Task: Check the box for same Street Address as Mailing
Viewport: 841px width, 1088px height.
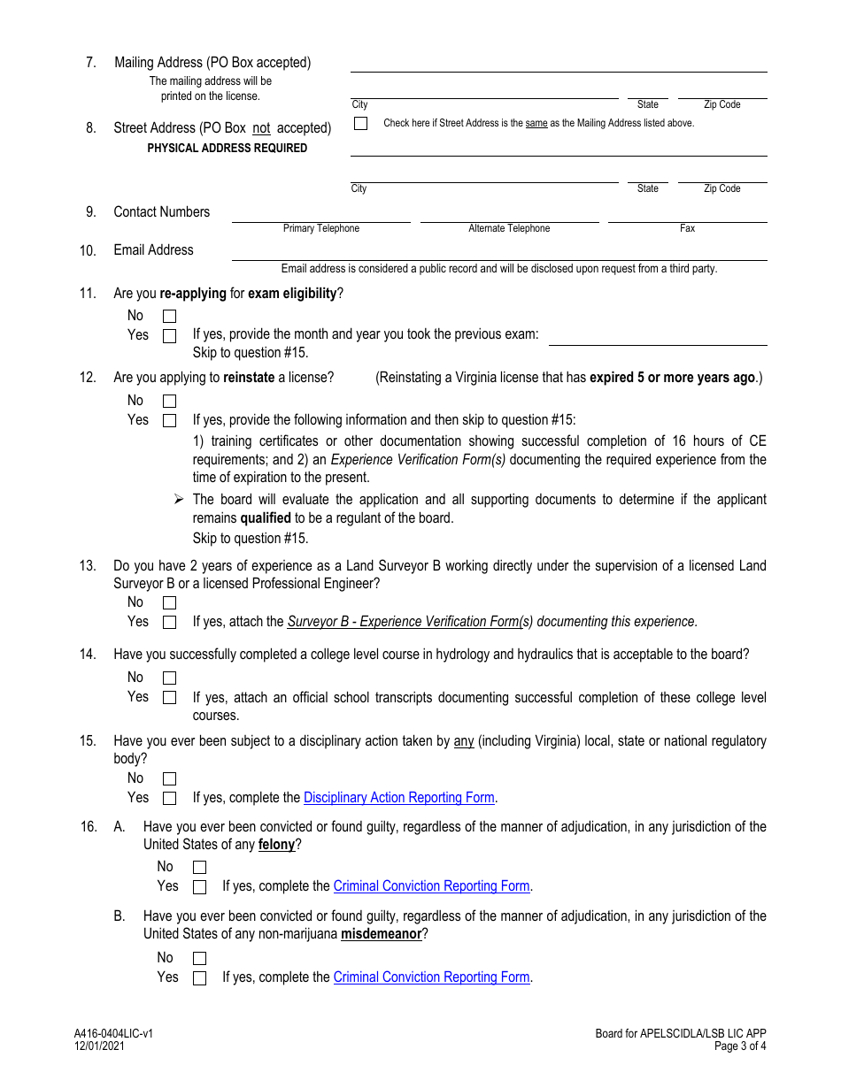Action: [360, 124]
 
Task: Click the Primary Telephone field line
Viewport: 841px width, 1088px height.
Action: [321, 215]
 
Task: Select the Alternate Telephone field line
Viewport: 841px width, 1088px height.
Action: [509, 215]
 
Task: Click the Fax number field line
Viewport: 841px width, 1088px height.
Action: [687, 215]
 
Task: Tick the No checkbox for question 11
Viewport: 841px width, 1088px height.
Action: [169, 317]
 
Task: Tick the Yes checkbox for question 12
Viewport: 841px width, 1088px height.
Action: [169, 421]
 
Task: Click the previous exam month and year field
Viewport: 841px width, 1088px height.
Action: [658, 337]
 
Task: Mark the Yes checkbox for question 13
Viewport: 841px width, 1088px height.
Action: [169, 623]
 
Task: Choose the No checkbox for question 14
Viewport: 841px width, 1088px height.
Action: [169, 678]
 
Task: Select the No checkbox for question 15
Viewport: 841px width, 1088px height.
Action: [169, 779]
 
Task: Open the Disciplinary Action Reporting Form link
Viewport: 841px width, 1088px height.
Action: [398, 798]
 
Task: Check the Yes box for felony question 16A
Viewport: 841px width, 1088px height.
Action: [199, 887]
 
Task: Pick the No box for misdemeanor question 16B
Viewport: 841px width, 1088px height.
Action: [199, 959]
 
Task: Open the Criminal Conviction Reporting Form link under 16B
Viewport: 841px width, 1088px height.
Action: [431, 977]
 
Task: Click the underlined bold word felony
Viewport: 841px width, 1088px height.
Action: [276, 845]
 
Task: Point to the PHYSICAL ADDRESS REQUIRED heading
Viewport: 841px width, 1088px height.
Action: [228, 149]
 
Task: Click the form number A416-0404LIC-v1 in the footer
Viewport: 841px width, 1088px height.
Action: [113, 1033]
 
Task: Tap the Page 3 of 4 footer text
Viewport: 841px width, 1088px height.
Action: [740, 1046]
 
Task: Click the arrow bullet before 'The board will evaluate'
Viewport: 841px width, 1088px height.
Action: [179, 500]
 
